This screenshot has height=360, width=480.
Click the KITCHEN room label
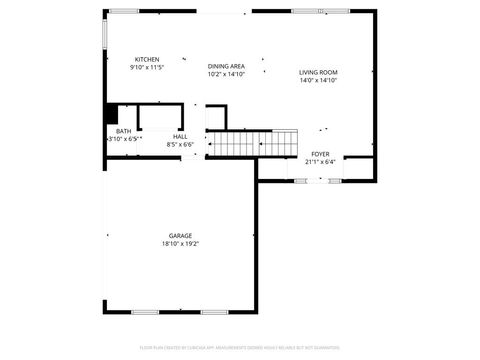[147, 59]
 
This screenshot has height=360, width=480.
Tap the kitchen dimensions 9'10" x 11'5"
[147, 67]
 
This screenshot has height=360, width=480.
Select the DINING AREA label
[226, 66]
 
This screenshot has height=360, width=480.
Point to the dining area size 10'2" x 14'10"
[226, 74]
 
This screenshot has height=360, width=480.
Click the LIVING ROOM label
[319, 72]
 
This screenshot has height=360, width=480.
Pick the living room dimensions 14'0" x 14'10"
[319, 80]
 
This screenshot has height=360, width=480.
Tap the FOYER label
[320, 154]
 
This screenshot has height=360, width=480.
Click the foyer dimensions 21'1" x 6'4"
[320, 161]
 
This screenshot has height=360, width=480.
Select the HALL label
[180, 136]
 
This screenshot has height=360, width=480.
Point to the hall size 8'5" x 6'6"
[180, 144]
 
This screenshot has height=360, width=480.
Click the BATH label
[123, 131]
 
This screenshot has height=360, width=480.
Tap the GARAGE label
[180, 236]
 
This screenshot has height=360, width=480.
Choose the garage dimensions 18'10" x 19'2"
[180, 244]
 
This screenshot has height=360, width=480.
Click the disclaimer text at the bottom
[240, 349]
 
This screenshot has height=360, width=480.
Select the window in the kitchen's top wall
[124, 11]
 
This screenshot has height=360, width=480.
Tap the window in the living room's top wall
[308, 11]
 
